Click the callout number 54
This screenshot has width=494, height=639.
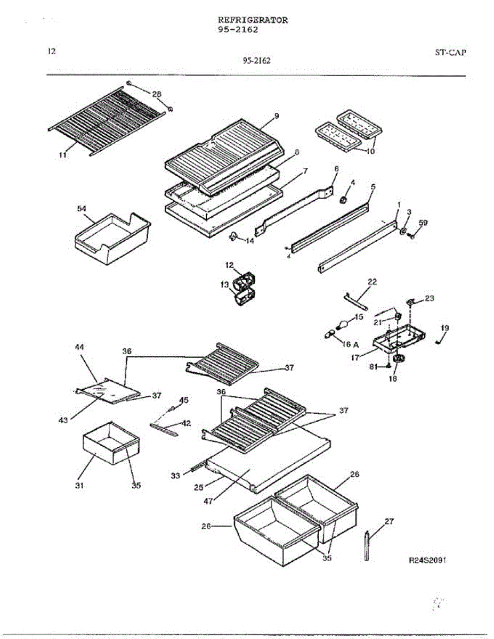(x=83, y=209)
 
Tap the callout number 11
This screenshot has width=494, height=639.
(x=63, y=155)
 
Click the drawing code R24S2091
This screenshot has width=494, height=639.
(x=427, y=561)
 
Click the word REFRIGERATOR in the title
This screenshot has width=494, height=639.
(x=253, y=20)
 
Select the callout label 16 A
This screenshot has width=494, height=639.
(x=350, y=343)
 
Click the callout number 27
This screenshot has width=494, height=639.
(x=389, y=521)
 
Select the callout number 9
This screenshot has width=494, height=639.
(x=277, y=116)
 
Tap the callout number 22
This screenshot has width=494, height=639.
(x=372, y=282)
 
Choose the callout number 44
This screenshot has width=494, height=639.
(x=79, y=347)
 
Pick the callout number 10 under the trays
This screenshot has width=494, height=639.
(x=369, y=151)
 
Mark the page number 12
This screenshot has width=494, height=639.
(x=51, y=52)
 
